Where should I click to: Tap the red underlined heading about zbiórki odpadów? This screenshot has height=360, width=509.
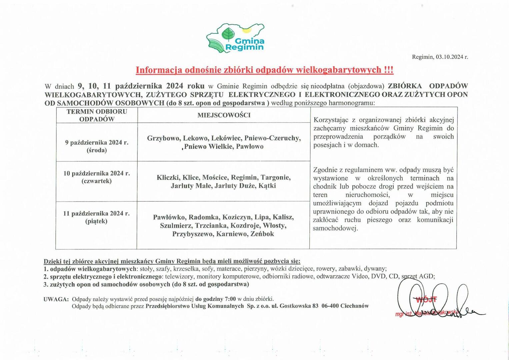(264, 70)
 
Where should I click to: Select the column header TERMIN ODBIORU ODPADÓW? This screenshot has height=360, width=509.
(97, 115)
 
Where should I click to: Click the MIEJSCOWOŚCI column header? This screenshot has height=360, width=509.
(224, 115)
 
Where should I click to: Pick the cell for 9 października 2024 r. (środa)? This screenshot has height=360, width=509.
(97, 146)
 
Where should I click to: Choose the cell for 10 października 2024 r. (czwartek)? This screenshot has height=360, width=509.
(97, 177)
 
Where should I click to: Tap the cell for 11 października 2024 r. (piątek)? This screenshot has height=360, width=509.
(97, 217)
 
